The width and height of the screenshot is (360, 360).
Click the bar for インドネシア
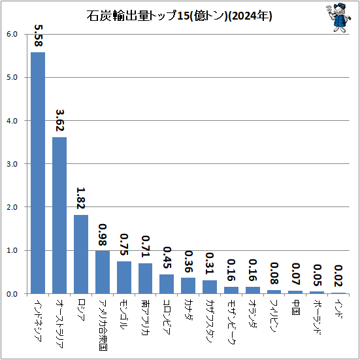tap(38, 173)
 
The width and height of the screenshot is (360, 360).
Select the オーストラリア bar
tap(59, 216)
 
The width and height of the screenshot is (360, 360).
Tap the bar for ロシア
tap(81, 254)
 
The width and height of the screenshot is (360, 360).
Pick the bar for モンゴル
tap(124, 277)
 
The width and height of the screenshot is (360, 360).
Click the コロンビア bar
tap(167, 284)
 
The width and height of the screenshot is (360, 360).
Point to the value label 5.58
tap(38, 35)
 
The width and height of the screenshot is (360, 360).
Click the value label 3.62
tap(59, 120)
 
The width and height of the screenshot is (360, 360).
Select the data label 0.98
tap(103, 235)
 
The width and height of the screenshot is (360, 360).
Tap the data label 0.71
tap(146, 246)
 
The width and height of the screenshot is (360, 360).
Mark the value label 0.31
tap(210, 263)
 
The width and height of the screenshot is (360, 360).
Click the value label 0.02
tap(338, 276)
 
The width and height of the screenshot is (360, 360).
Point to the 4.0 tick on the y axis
tap(12, 121)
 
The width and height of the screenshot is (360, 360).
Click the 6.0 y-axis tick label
tap(12, 34)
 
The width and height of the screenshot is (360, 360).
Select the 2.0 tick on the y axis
tap(12, 207)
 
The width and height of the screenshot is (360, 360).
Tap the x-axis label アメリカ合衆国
tap(103, 325)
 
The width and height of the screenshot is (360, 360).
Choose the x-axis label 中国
tap(296, 307)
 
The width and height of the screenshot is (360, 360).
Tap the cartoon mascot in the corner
tap(339, 18)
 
